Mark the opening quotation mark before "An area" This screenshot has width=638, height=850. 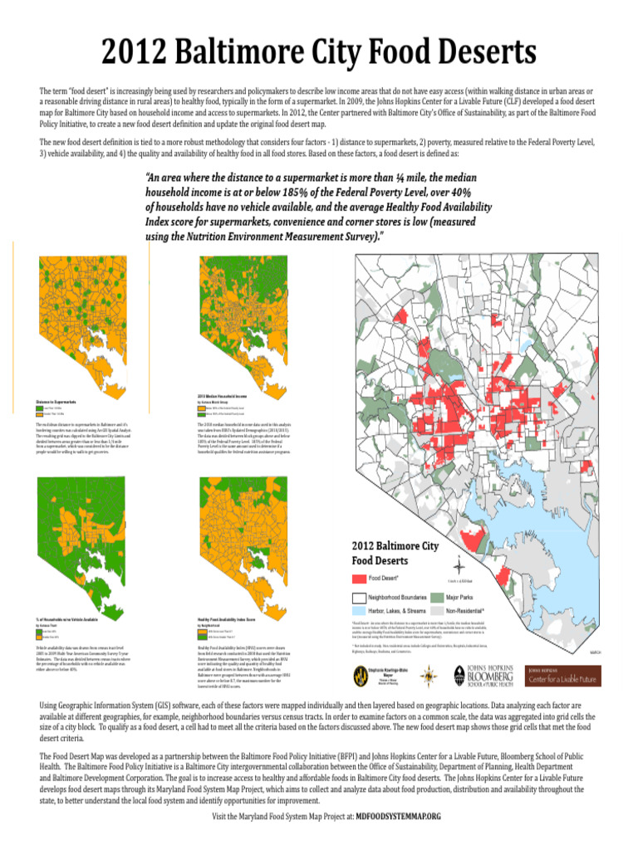[x=148, y=177]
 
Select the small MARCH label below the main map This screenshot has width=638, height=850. [x=595, y=652]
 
